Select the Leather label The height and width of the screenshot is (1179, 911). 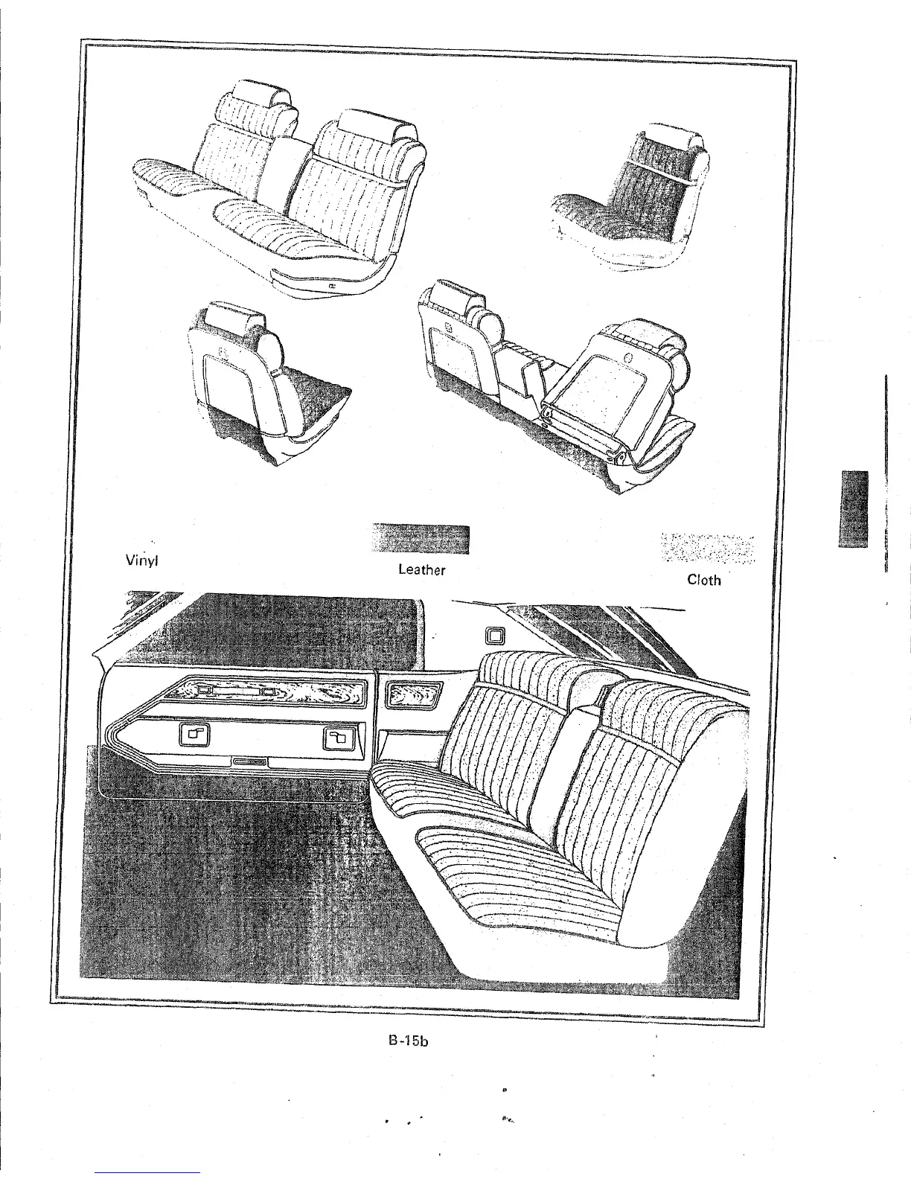pyautogui.click(x=421, y=570)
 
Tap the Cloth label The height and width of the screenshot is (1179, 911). pyautogui.click(x=703, y=579)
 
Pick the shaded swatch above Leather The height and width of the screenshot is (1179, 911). pyautogui.click(x=421, y=540)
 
